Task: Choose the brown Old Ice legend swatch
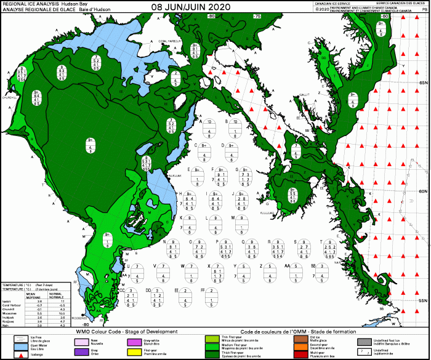299,338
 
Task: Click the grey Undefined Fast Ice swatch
363,341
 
